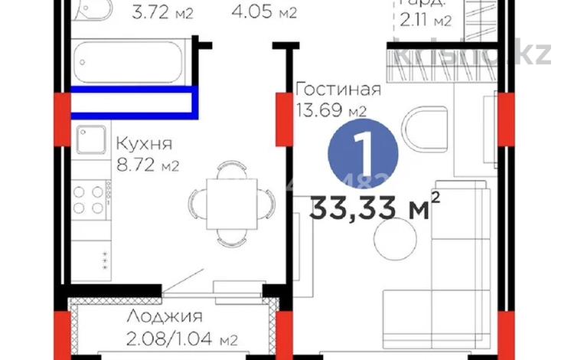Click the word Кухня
click(144, 143)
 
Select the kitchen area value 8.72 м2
click(147, 165)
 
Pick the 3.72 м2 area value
click(162, 12)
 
